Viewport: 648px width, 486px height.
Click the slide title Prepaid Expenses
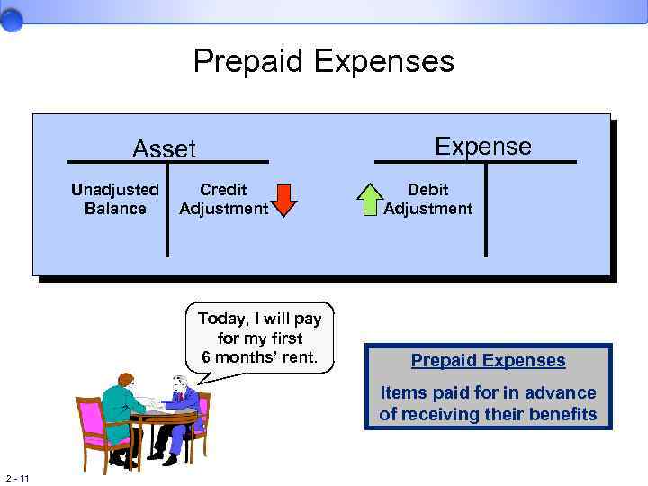tap(324, 62)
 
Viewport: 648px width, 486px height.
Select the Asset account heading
tap(164, 148)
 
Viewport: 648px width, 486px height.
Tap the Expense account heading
tap(483, 146)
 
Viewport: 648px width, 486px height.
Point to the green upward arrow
tap(371, 200)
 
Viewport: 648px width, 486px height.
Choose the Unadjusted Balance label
tap(115, 199)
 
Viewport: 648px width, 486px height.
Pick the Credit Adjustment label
tap(223, 199)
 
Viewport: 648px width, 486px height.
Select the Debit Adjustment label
tap(427, 199)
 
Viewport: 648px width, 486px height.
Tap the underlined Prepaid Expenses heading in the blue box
tap(489, 361)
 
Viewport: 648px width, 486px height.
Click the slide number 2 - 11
tap(17, 477)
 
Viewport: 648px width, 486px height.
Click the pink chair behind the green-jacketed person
tap(92, 423)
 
